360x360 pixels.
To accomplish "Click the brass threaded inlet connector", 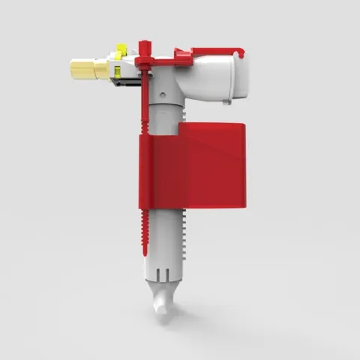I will click(x=88, y=70).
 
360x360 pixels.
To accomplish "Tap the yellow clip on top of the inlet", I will click(x=118, y=52).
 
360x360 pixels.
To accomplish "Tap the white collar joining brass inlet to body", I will click(x=129, y=70).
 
